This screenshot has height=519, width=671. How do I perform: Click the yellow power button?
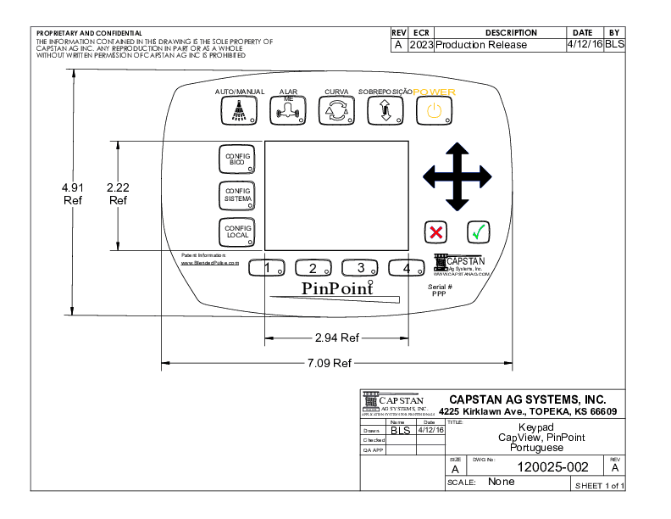click(434, 111)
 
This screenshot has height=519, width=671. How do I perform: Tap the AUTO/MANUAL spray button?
click(240, 111)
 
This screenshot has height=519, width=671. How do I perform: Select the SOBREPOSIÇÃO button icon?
click(385, 111)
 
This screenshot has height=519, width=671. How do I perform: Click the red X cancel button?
click(436, 232)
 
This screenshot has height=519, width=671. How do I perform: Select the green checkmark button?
click(479, 232)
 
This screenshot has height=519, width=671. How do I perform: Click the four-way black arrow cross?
click(457, 176)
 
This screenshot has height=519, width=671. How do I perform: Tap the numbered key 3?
click(360, 268)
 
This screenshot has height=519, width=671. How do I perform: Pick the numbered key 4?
click(406, 268)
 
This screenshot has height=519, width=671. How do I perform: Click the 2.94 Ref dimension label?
click(336, 338)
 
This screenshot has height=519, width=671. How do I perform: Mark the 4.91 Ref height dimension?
click(72, 193)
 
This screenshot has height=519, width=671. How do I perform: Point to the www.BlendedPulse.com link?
click(210, 263)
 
